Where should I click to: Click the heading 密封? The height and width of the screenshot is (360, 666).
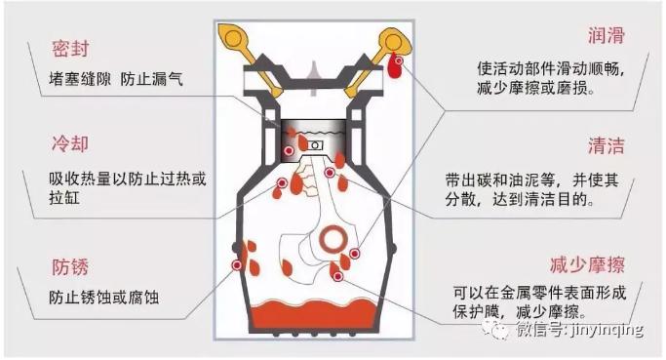point(70,49)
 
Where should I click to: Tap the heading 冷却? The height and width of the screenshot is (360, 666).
point(70,144)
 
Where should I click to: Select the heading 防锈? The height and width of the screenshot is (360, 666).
point(70,267)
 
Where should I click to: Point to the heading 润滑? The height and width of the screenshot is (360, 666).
point(607,36)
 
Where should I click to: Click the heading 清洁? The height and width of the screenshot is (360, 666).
point(607,145)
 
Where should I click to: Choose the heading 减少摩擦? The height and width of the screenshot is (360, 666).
point(587,265)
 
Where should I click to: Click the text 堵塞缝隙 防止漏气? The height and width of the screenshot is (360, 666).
point(115,79)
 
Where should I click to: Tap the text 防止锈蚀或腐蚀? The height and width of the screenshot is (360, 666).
point(104,298)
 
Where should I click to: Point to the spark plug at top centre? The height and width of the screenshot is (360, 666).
point(314,79)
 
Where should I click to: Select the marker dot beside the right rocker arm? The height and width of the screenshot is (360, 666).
point(399,61)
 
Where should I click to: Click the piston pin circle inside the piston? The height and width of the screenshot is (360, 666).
point(315,145)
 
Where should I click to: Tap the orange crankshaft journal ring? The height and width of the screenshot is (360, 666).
point(333,238)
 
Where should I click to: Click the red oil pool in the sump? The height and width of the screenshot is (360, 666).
point(314,314)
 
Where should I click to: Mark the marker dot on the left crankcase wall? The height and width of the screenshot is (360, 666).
point(237,265)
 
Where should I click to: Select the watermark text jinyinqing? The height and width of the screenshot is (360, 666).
point(604,330)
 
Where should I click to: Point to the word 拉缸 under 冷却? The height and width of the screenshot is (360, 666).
point(64,198)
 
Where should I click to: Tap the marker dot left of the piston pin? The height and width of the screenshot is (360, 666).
point(289,150)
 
